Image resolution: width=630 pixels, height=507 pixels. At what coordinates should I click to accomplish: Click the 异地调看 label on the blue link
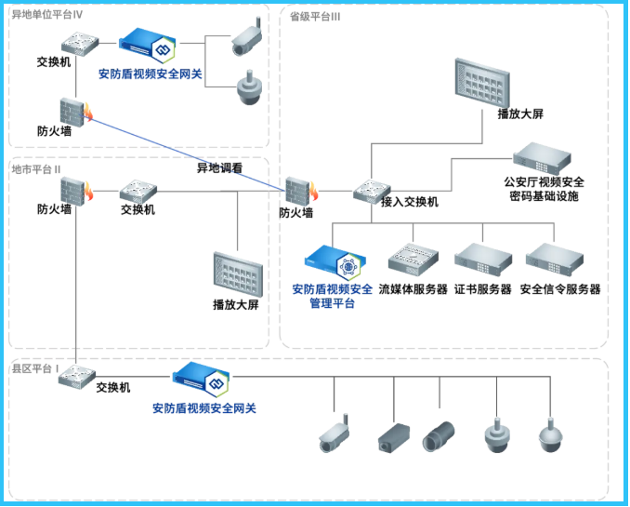(219, 168)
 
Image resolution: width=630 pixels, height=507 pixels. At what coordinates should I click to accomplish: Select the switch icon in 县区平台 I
(76, 378)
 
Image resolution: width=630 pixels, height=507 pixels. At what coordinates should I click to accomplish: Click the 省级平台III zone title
(314, 16)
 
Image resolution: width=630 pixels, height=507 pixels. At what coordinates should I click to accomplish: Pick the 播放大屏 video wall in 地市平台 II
(239, 273)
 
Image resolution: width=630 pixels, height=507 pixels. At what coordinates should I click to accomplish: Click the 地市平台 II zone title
(36, 169)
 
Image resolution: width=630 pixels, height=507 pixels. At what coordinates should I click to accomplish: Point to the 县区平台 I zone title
(34, 368)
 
